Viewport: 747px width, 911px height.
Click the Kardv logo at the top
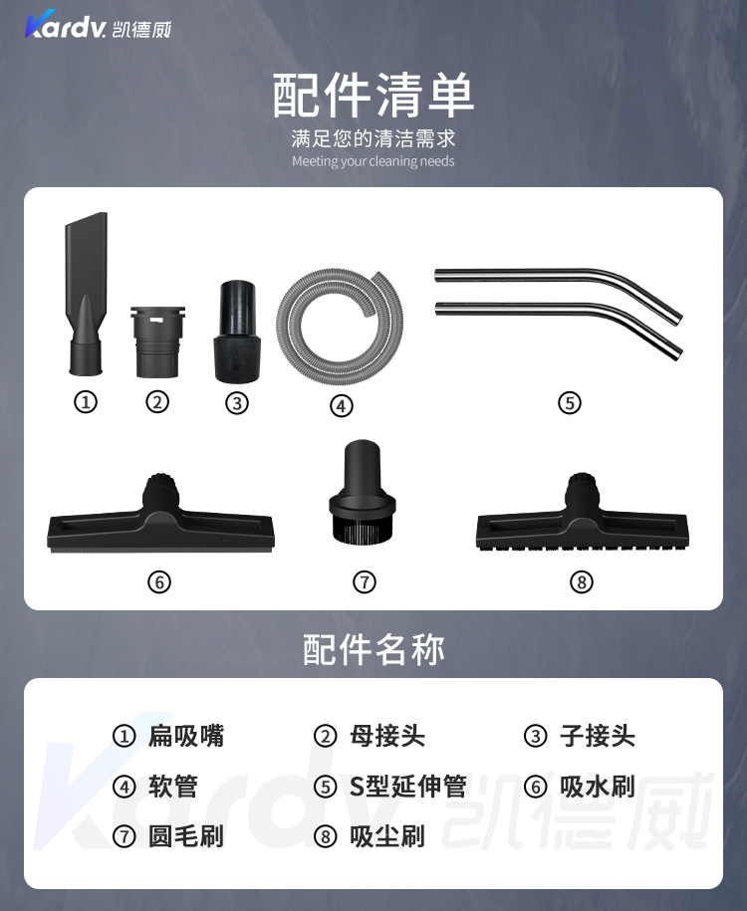tap(98, 25)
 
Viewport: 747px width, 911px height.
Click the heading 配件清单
tap(373, 95)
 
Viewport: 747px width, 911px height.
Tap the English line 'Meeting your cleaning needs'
tap(373, 161)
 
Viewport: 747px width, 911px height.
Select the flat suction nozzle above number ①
tap(87, 294)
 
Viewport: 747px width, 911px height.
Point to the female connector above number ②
tap(157, 342)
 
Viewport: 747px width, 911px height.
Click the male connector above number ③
tap(237, 332)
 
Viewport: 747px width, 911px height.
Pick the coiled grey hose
tap(340, 326)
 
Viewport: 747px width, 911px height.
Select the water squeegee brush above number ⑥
tap(160, 517)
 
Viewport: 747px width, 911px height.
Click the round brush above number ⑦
tap(363, 492)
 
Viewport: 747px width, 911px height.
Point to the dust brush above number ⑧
tap(583, 516)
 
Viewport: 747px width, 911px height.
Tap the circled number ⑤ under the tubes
tap(570, 402)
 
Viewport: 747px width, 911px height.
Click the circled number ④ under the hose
tap(342, 405)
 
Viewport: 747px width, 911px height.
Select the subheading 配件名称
tap(373, 649)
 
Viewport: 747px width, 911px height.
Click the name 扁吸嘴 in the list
tap(186, 736)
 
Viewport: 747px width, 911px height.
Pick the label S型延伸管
tap(407, 787)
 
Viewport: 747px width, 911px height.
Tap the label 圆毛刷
tap(186, 836)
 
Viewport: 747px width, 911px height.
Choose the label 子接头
tap(598, 736)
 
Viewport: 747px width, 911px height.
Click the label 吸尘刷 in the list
tap(387, 836)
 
